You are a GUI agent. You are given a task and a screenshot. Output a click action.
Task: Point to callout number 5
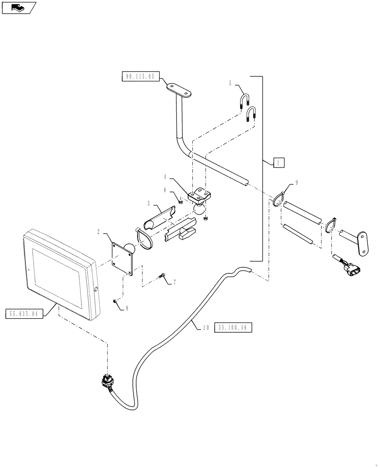[x=230, y=84]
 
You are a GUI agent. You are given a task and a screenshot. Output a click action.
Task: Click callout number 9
[x=296, y=183]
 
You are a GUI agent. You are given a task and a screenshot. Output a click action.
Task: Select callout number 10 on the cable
[x=205, y=328]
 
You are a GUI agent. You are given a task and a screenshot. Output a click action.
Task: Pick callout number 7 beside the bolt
[x=175, y=283]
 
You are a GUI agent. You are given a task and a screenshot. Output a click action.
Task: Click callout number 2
[x=99, y=231]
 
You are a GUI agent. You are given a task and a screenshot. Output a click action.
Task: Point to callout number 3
[x=148, y=204]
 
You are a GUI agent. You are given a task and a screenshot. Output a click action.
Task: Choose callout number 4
[x=166, y=177]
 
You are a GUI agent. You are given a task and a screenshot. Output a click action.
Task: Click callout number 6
[x=165, y=190]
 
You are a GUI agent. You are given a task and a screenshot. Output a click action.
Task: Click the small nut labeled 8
[x=115, y=300]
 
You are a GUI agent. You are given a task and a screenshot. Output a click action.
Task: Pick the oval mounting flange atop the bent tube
[x=181, y=91]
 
